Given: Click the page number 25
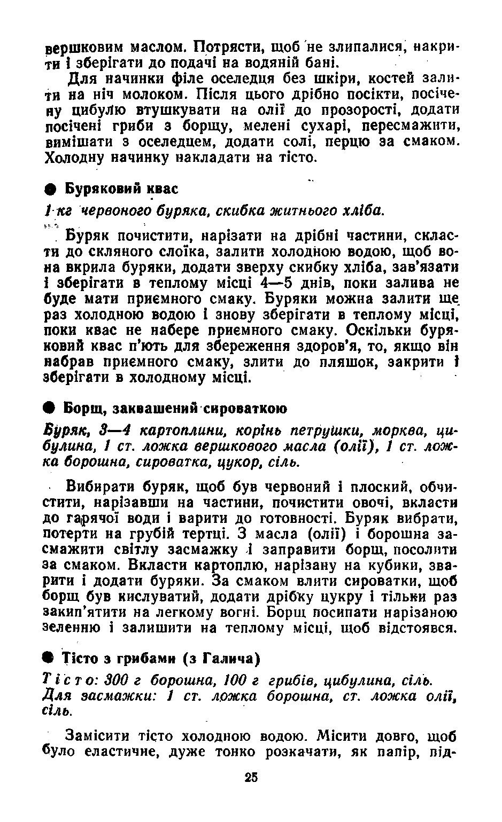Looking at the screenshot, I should (x=251, y=777).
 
